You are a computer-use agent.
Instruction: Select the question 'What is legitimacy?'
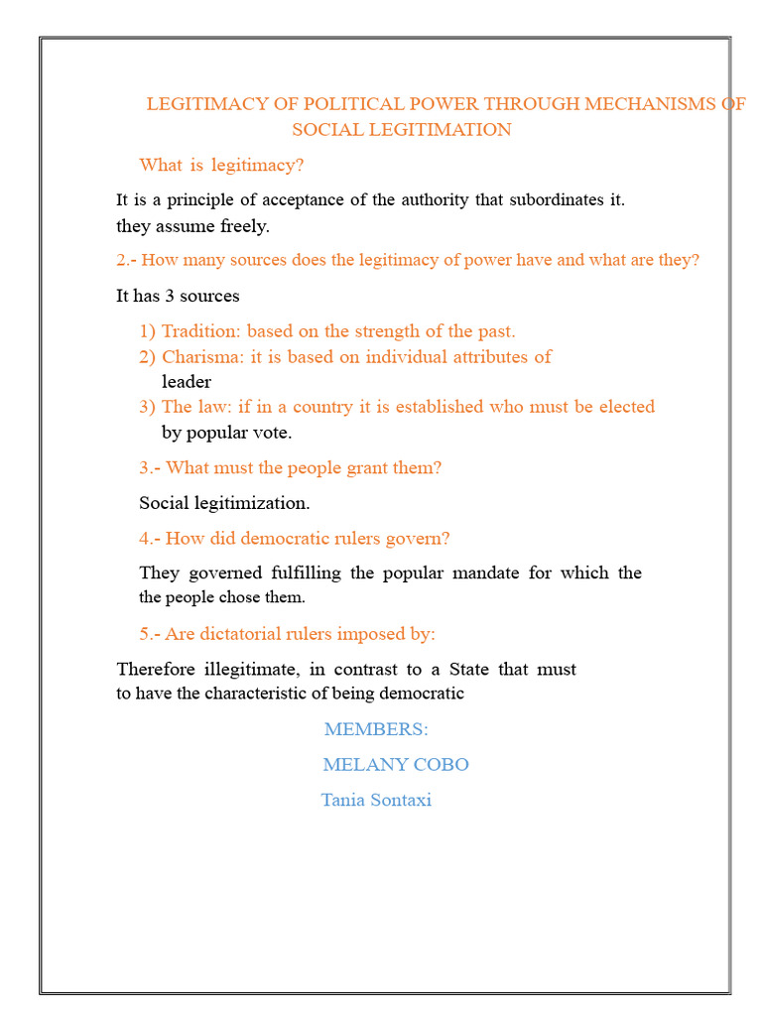pyautogui.click(x=221, y=165)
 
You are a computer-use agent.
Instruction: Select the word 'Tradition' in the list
pyautogui.click(x=200, y=331)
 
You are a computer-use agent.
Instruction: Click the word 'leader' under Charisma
pyautogui.click(x=187, y=381)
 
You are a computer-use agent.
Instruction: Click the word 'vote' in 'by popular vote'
pyautogui.click(x=272, y=433)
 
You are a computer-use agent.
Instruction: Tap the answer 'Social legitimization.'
pyautogui.click(x=224, y=503)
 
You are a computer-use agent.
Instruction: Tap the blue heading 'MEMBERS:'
pyautogui.click(x=376, y=729)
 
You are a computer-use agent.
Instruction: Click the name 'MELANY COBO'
pyautogui.click(x=396, y=765)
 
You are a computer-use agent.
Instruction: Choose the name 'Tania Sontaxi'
pyautogui.click(x=376, y=800)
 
